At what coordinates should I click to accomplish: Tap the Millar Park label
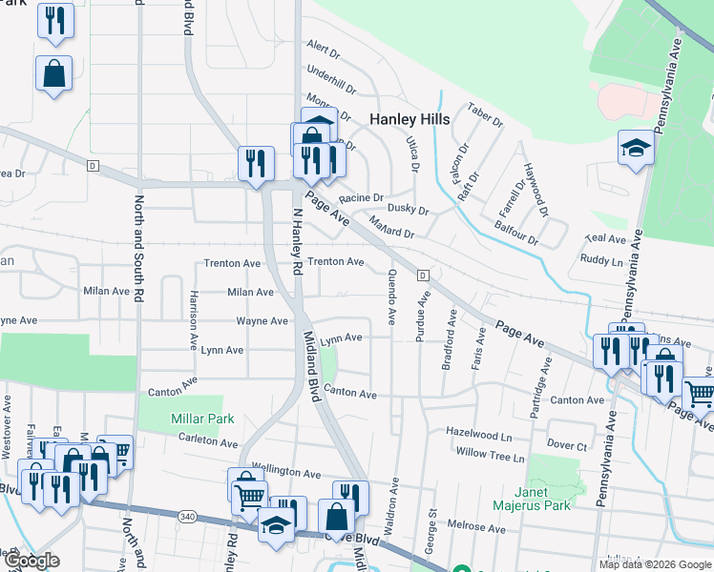tap(202, 419)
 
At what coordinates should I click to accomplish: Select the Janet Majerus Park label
tap(533, 498)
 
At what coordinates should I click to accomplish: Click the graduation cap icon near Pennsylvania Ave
tap(635, 149)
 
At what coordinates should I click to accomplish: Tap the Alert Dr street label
tap(324, 48)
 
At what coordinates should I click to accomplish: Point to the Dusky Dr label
tap(409, 210)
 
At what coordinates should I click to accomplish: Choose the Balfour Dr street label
tap(516, 235)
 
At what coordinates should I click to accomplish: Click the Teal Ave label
tap(604, 239)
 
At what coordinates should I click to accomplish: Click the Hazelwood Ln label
tap(479, 432)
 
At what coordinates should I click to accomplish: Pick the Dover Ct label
tap(567, 445)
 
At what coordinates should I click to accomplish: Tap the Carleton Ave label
tap(208, 442)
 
